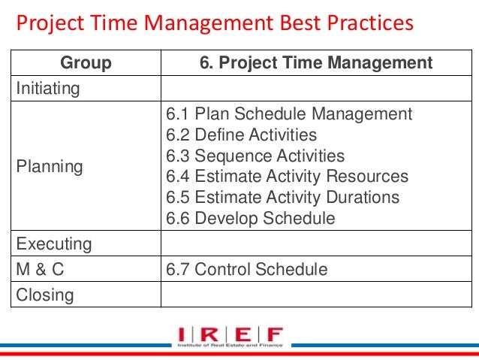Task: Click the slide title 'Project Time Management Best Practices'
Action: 215,25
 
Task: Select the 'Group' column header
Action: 85,63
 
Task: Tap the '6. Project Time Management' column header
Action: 315,63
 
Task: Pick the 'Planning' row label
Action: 50,166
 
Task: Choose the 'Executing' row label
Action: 54,244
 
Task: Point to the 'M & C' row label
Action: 41,269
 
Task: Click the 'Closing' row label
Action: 46,295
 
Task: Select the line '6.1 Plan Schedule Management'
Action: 289,114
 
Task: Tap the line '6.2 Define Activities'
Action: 241,135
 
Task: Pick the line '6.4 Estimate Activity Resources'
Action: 287,177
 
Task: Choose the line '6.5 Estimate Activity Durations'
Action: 283,198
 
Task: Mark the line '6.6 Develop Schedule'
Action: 250,219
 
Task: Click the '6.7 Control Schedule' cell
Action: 246,269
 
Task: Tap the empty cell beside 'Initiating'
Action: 315,89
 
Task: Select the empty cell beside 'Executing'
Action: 315,244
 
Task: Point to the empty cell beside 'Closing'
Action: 315,295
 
